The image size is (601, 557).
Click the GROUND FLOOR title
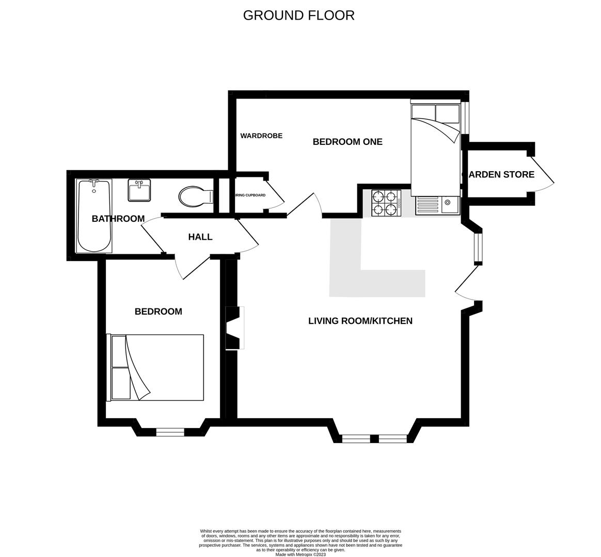(x=298, y=15)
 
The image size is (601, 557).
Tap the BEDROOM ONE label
(x=347, y=142)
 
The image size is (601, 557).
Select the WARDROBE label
(x=261, y=136)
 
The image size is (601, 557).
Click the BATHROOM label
(x=118, y=219)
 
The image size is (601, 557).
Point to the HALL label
(x=200, y=237)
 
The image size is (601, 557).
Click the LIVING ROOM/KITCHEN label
(x=360, y=321)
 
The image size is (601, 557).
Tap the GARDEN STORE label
(x=499, y=175)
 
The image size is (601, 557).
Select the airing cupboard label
(x=250, y=195)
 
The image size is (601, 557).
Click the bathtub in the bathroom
(x=94, y=216)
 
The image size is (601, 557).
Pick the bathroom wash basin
(x=139, y=190)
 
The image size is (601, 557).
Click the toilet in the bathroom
(x=195, y=196)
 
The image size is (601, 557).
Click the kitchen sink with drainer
(x=437, y=205)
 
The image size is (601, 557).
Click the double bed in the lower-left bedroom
(x=156, y=367)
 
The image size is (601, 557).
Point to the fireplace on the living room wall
(x=234, y=327)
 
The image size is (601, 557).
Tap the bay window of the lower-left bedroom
(x=170, y=432)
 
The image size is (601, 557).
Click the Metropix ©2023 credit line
(x=301, y=554)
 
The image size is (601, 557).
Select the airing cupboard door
(x=274, y=194)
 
